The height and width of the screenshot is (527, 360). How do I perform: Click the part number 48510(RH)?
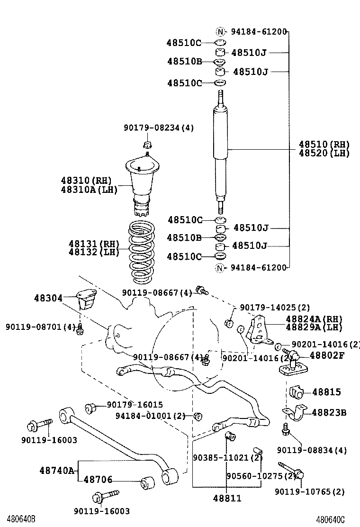324,145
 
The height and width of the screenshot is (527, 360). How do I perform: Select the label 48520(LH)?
324,153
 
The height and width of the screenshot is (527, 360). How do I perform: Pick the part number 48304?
48,298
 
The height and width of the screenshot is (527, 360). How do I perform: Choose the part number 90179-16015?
135,405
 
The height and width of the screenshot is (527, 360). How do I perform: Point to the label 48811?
227,498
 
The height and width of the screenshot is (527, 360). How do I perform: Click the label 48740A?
57,470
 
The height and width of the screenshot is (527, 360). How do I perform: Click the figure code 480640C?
330,519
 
